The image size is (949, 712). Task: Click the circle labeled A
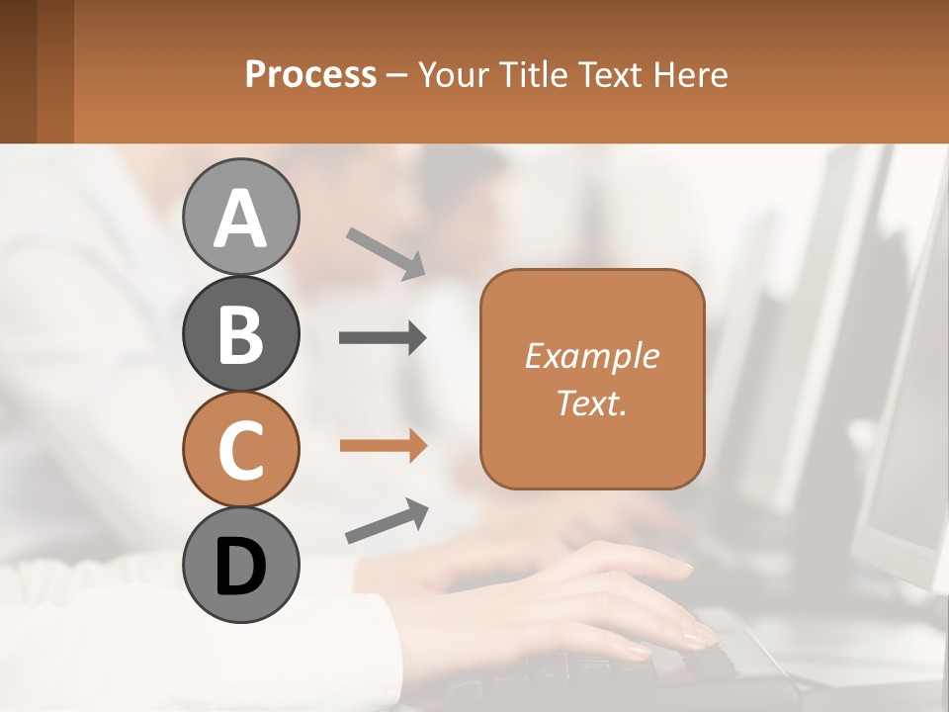point(240,217)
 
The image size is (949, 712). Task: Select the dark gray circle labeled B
point(240,333)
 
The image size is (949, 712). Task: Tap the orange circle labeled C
point(240,450)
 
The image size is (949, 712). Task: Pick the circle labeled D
point(240,566)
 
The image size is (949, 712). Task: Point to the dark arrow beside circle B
point(383,338)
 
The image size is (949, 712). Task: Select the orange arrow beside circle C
point(383,446)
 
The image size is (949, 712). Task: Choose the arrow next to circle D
point(387,521)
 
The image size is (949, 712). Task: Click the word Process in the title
point(310,74)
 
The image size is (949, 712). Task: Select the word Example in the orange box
point(591,356)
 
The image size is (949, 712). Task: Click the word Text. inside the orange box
point(591,402)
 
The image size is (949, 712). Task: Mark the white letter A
point(240,219)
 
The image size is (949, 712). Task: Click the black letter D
point(240,568)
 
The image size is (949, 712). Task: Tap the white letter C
point(240,451)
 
